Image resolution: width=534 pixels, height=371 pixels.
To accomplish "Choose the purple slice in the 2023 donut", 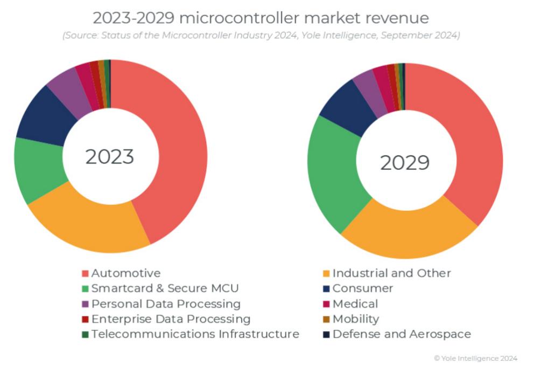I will pos(67,89).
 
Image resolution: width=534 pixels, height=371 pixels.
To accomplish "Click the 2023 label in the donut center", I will pos(110,156).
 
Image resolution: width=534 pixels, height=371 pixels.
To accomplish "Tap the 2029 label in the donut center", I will pos(405,162).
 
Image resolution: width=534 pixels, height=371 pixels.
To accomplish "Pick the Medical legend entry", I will pos(355,304).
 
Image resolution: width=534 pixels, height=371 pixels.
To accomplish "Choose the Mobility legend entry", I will pos(356,319).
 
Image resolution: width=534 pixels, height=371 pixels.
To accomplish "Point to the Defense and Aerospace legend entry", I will pos(401,334).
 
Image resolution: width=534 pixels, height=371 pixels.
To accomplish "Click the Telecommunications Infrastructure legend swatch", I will pos(85,334).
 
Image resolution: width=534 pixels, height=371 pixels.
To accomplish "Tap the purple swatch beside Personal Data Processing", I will pos(85,304).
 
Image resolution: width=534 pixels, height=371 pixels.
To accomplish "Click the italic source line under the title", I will pos(261,36).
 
